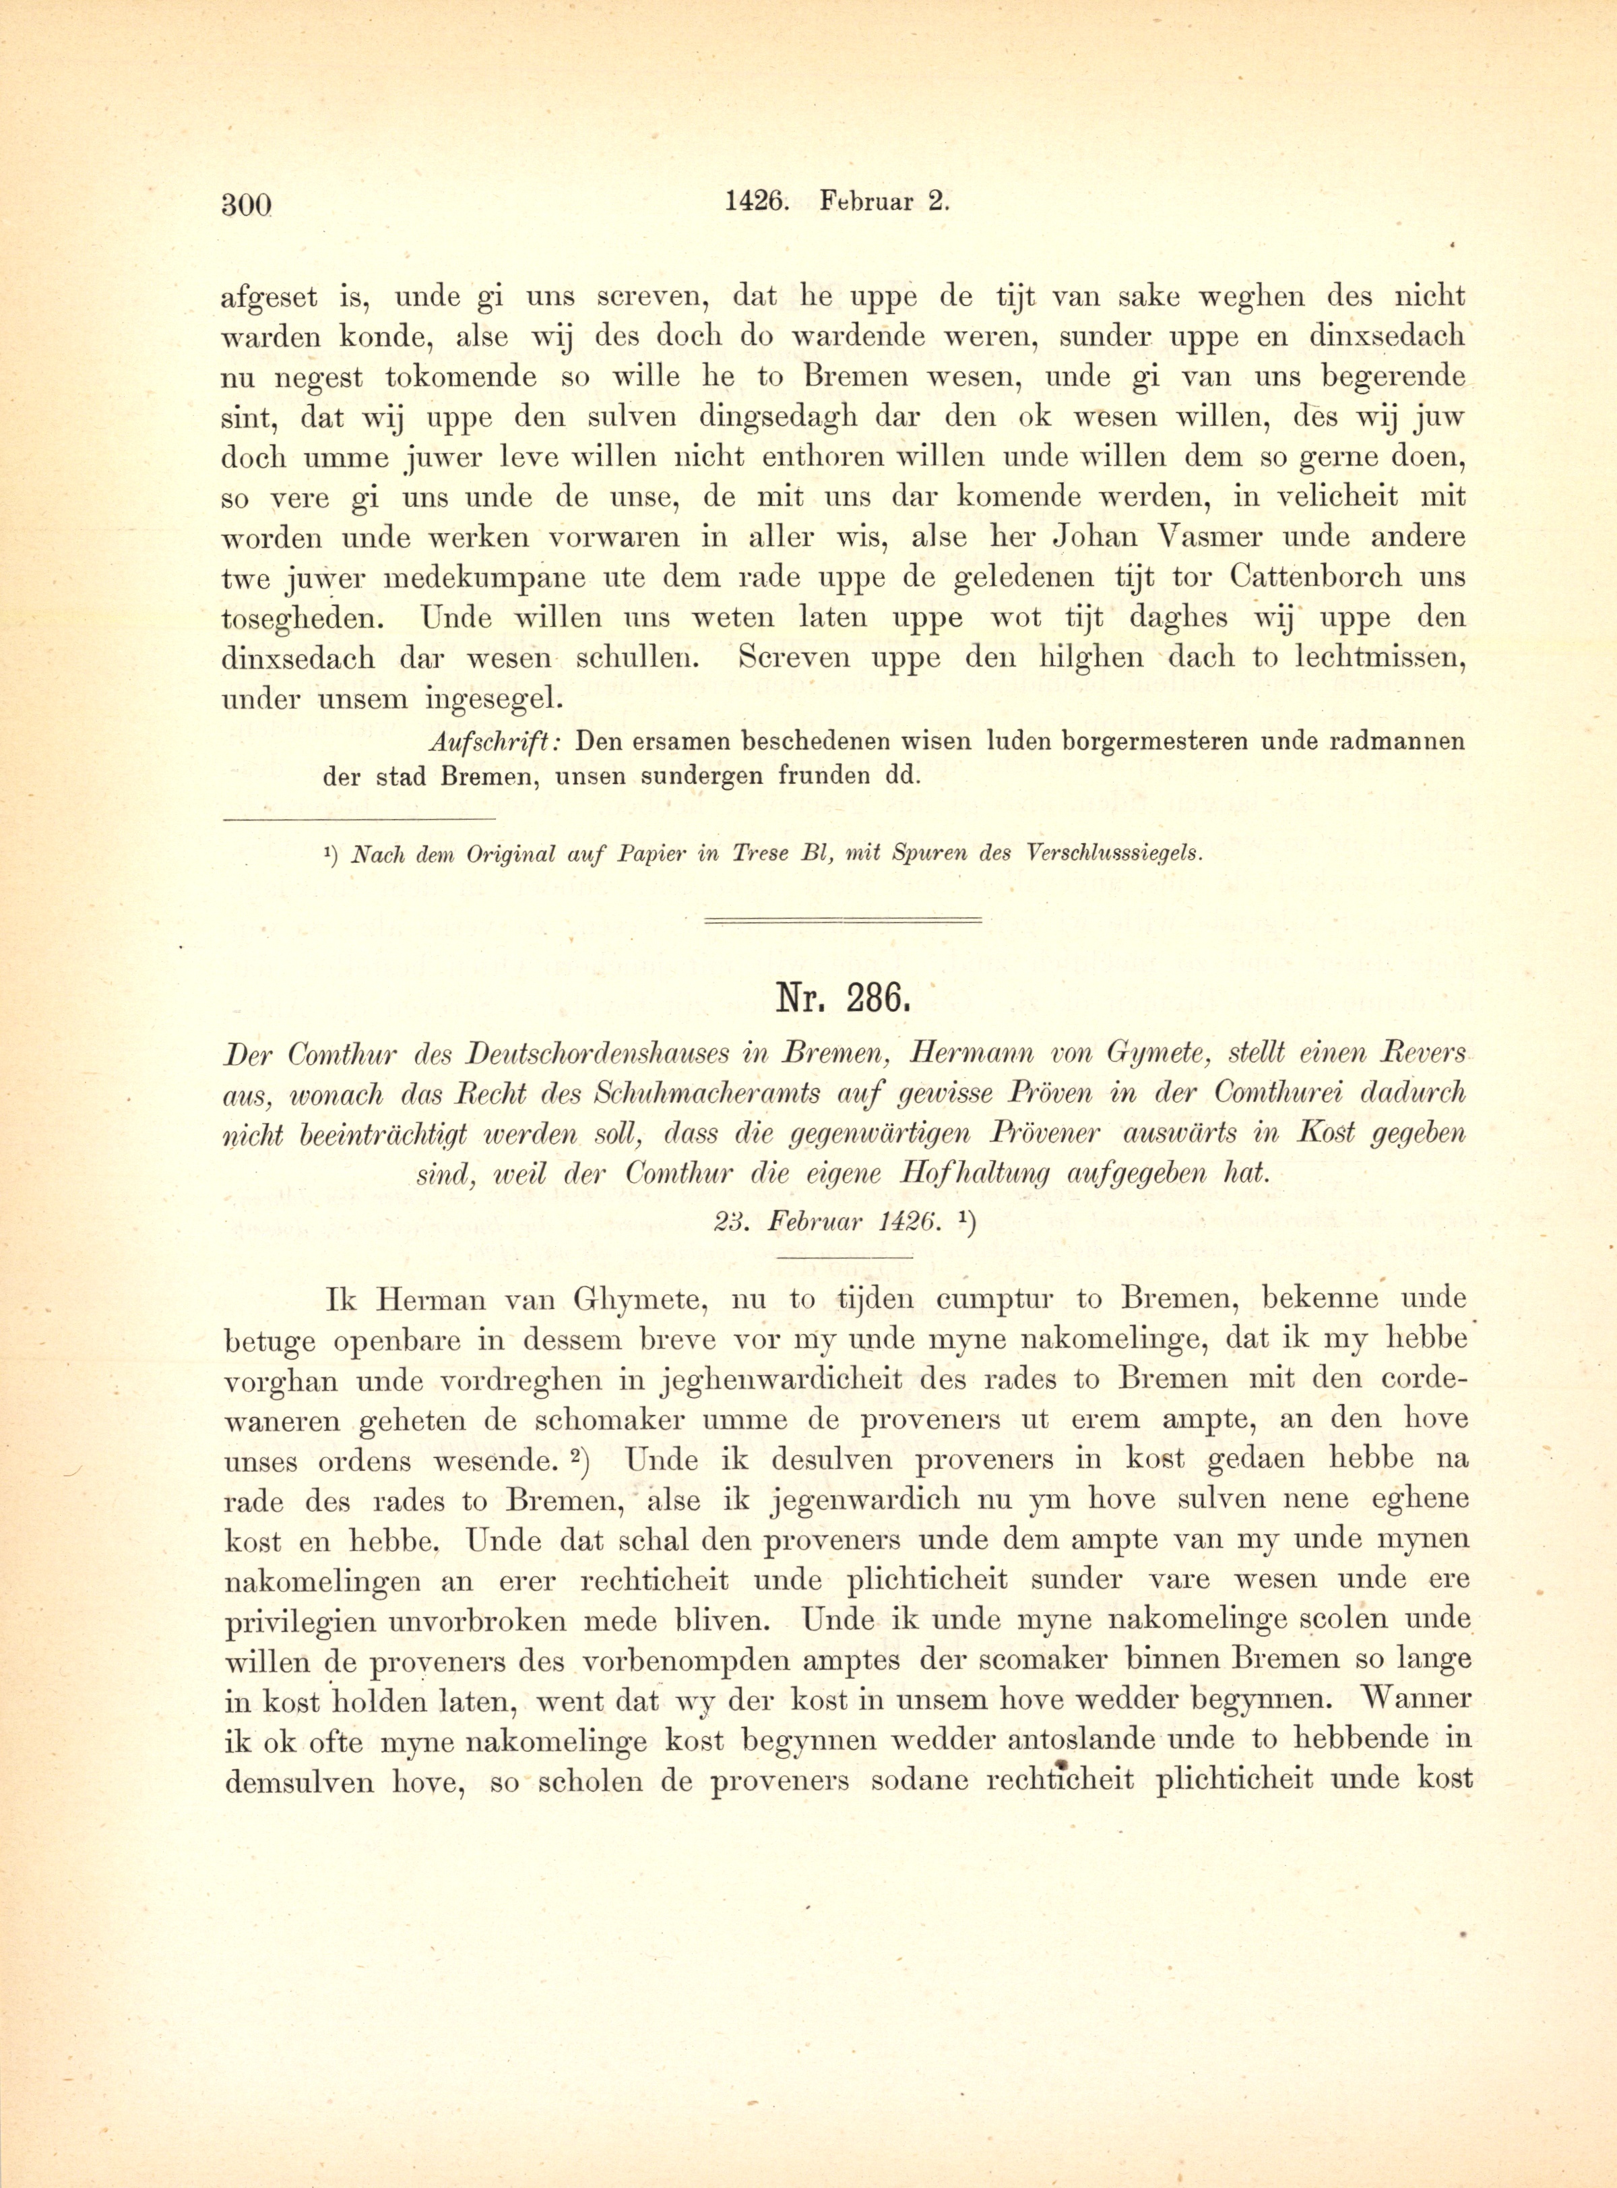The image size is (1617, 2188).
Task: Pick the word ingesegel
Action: click(497, 699)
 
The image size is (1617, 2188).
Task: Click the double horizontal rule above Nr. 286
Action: click(844, 919)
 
